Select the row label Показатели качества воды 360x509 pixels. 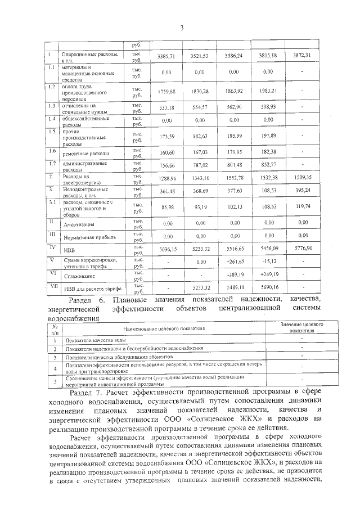[95, 341]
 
